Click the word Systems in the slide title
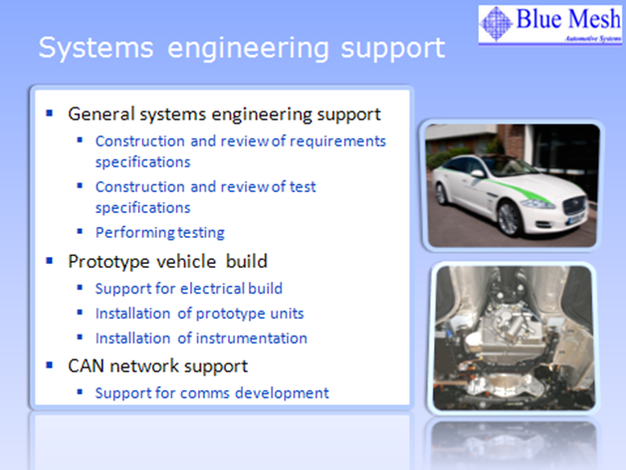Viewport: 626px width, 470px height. pos(96,48)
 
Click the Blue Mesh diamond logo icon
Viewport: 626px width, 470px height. pos(497,23)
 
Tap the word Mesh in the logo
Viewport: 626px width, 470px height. pos(594,18)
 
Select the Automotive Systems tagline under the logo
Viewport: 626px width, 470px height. pos(593,39)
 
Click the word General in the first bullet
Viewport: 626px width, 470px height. pos(102,114)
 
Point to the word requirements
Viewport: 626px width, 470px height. pos(337,141)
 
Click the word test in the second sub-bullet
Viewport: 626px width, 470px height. pos(303,187)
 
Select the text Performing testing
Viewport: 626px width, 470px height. pos(160,233)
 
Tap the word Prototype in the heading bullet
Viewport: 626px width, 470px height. pos(108,262)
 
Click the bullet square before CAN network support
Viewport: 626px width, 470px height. pos(50,365)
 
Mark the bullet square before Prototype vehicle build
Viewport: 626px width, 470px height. pos(50,261)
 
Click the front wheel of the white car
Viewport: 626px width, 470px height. pos(509,218)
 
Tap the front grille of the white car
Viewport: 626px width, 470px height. pos(573,205)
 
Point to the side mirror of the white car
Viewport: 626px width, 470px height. pos(478,173)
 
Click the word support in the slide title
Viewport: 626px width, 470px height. pos(393,49)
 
